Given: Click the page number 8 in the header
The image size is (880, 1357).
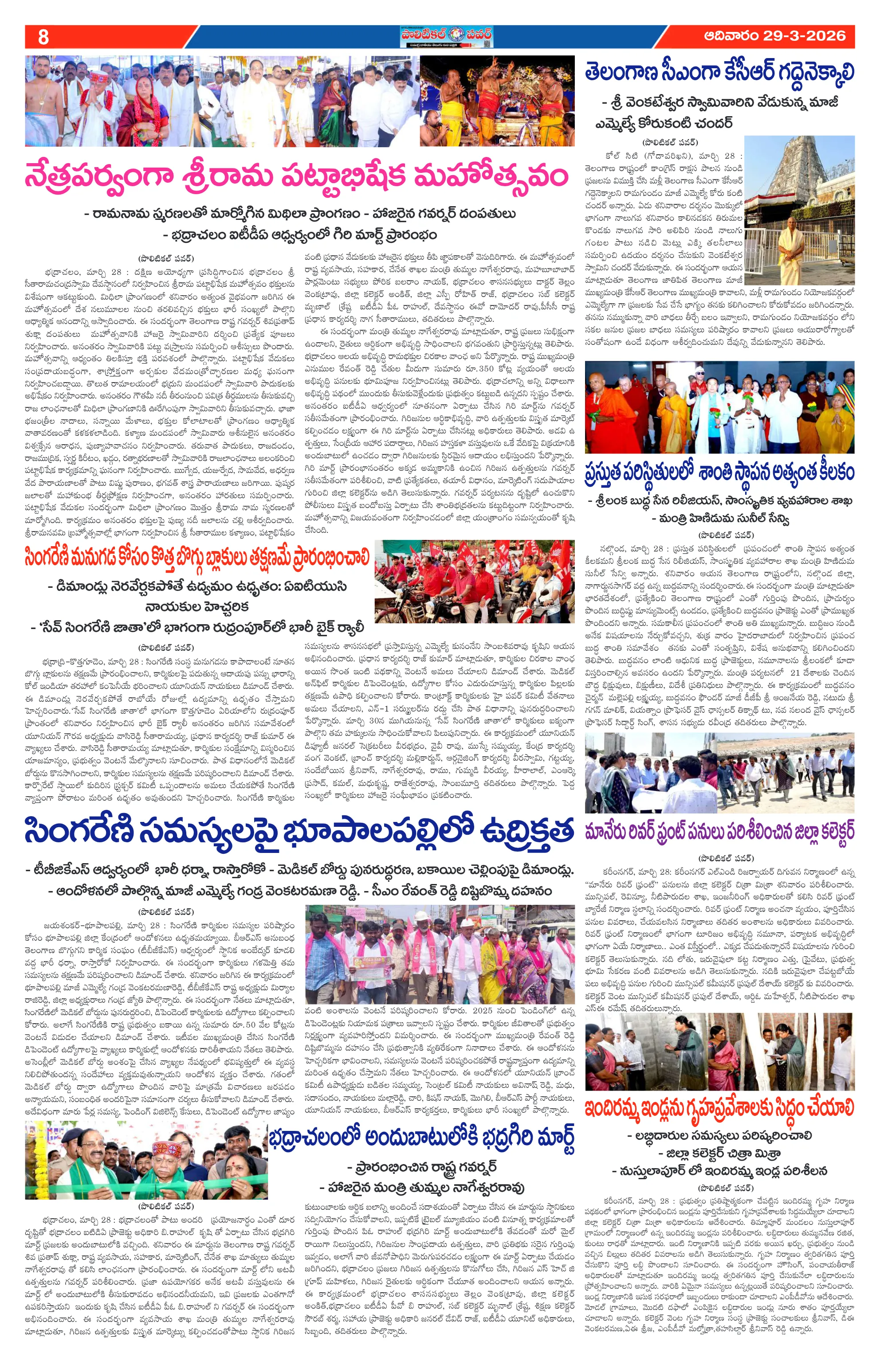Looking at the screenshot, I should tap(43, 37).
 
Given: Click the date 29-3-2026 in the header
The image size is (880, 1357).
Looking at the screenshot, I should tap(774, 36).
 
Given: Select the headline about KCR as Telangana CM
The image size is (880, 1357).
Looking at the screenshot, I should tap(720, 74).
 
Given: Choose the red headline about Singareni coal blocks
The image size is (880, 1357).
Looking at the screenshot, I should tap(197, 557).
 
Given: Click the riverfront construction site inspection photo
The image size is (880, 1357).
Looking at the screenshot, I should tap(720, 773).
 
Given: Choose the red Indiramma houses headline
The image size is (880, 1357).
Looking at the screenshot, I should tap(720, 1109).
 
